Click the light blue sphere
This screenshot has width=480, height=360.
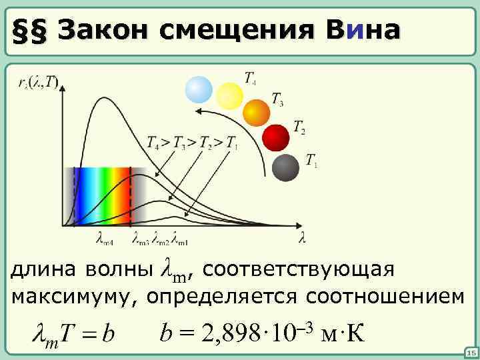coord(199,90)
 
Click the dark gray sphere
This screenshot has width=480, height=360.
coord(287,167)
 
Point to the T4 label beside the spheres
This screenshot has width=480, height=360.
coord(249,79)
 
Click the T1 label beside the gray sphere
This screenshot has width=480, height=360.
coord(311,160)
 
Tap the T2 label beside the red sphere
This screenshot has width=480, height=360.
coord(299,127)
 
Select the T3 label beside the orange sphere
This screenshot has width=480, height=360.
coord(277,100)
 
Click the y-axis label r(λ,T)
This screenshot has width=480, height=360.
coord(39,82)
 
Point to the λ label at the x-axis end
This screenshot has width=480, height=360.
coord(302,237)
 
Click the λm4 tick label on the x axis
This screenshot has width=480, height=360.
coord(105,238)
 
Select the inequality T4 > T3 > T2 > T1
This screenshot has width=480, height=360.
coord(192,141)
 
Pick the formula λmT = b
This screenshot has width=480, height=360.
coord(74,331)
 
